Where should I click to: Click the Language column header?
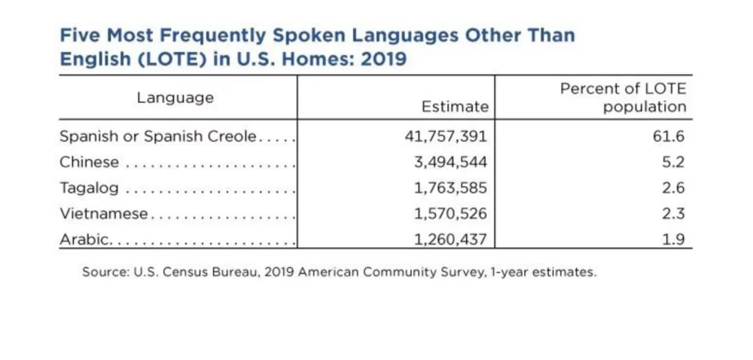[x=175, y=98]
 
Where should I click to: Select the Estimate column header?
[x=454, y=107]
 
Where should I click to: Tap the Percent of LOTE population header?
[x=623, y=98]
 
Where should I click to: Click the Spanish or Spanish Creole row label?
[x=158, y=137]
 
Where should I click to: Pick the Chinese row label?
[x=89, y=163]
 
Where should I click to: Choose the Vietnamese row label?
[x=104, y=214]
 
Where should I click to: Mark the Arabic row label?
[x=85, y=239]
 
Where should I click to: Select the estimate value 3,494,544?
[x=450, y=163]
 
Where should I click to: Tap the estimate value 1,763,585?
[x=450, y=188]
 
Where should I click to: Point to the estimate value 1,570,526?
[x=450, y=214]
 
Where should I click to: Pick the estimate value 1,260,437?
[x=450, y=239]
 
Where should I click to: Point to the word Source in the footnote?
[x=105, y=273]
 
